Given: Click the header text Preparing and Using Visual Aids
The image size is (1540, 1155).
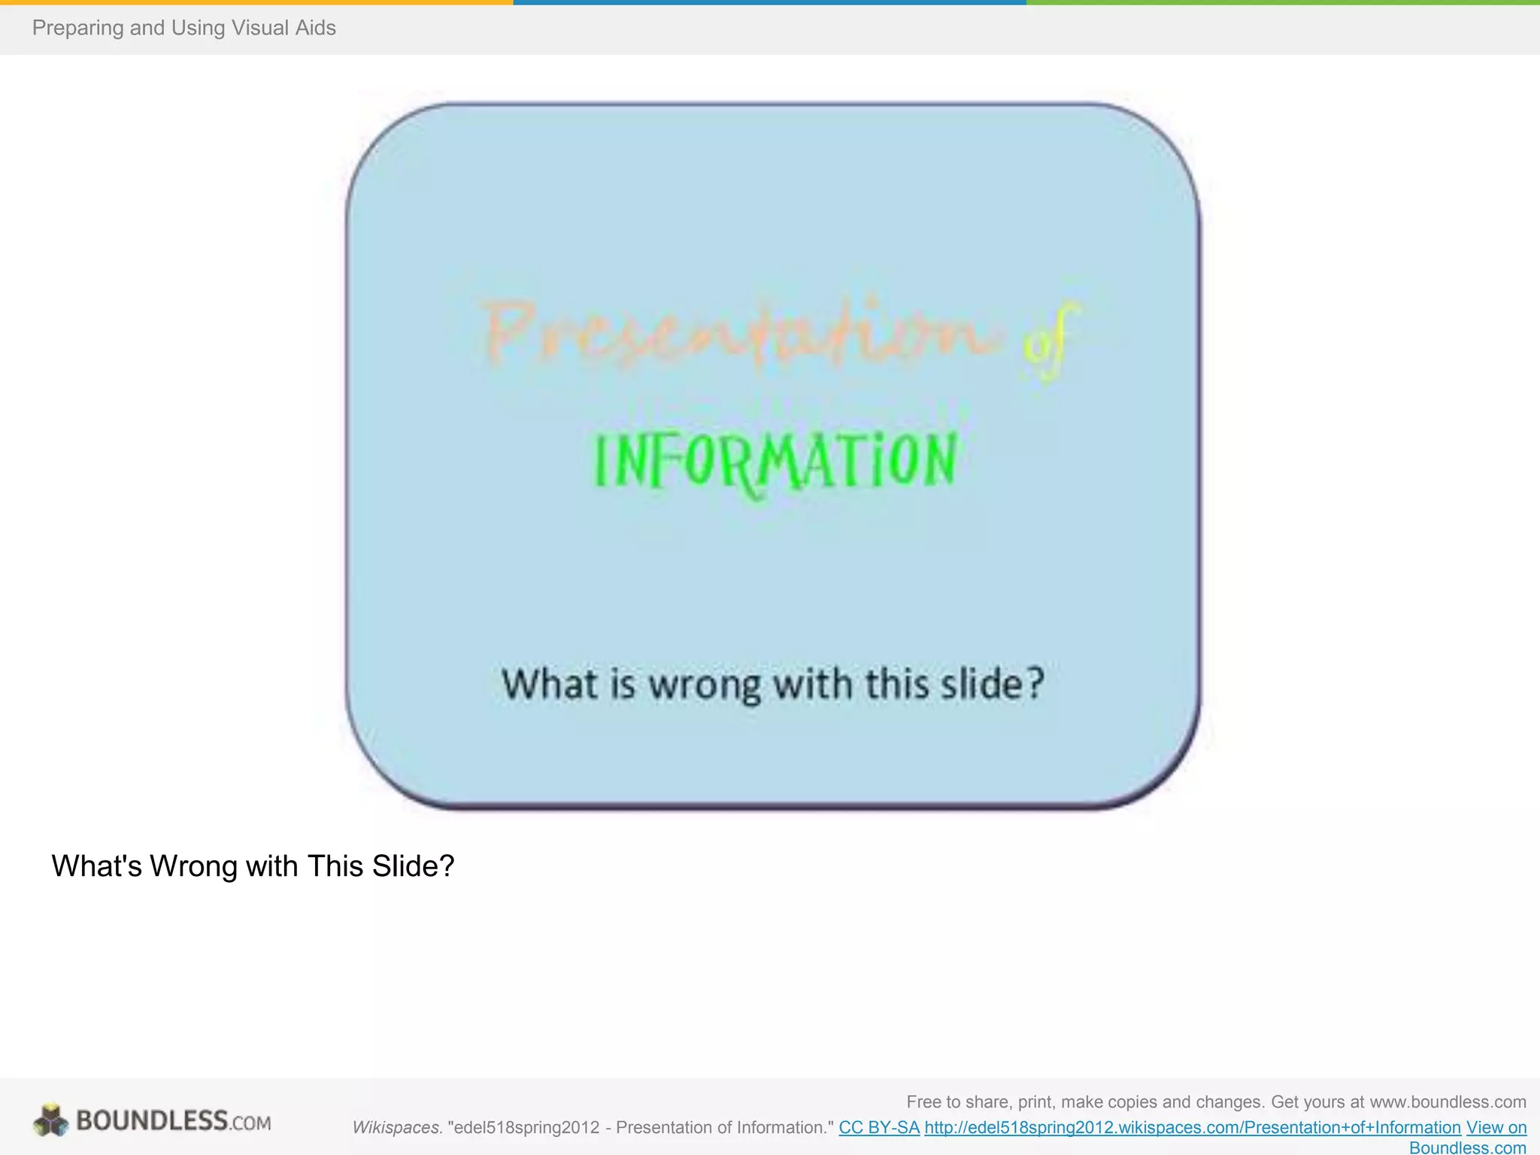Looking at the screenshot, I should coord(183,28).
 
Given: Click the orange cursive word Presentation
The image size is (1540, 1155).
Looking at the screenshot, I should coord(741,332).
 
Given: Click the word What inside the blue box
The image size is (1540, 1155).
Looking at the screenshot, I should coord(550,684).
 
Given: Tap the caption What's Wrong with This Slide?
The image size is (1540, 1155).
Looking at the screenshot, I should coord(253,866).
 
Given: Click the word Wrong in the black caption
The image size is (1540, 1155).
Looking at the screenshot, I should coord(193,866).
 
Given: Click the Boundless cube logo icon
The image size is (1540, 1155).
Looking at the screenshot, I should coord(50,1120).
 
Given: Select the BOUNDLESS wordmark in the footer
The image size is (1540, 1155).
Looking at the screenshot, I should coord(152,1120).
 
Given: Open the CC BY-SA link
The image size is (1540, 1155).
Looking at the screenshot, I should coord(879,1127).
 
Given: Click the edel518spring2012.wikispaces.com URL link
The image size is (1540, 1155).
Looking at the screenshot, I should coord(1192,1127).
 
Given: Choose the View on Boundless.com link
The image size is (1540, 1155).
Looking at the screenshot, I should coord(1496,1128).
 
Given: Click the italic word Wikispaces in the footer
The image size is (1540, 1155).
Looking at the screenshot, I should coord(396,1127).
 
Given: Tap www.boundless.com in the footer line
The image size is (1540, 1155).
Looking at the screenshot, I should coord(1448,1102).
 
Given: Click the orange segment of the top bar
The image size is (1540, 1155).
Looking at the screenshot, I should coord(256,2).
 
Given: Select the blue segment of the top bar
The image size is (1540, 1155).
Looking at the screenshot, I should coord(769,2).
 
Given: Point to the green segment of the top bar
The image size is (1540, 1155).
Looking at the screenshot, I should coord(1283,2).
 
